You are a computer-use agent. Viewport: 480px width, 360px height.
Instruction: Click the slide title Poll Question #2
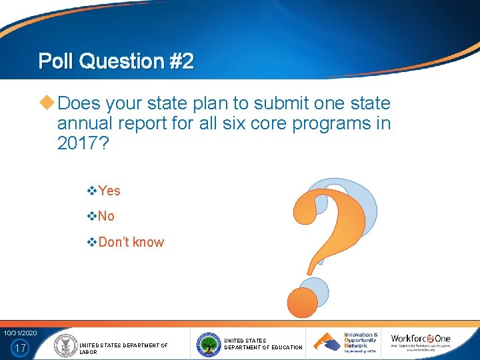(x=116, y=61)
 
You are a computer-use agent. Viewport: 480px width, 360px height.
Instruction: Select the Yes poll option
(x=109, y=191)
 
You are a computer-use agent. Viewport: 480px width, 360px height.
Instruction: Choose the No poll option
(x=106, y=216)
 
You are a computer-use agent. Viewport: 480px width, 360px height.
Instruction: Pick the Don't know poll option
(x=131, y=242)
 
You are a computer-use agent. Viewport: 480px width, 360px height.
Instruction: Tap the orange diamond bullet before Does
(x=47, y=103)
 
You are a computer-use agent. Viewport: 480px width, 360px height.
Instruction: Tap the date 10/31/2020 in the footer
(x=20, y=333)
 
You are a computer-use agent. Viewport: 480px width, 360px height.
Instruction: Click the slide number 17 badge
(x=21, y=347)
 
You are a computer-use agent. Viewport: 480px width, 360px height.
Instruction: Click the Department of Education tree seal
(x=209, y=344)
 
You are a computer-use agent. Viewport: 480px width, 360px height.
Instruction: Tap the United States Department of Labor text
(x=123, y=348)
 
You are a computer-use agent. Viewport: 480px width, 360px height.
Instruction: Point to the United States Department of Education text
(x=263, y=344)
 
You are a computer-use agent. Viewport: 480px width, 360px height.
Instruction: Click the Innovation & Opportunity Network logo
(x=346, y=342)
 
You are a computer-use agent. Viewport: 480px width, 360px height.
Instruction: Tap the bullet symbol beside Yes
(x=93, y=191)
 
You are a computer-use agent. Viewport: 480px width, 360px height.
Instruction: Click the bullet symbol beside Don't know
(x=93, y=242)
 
